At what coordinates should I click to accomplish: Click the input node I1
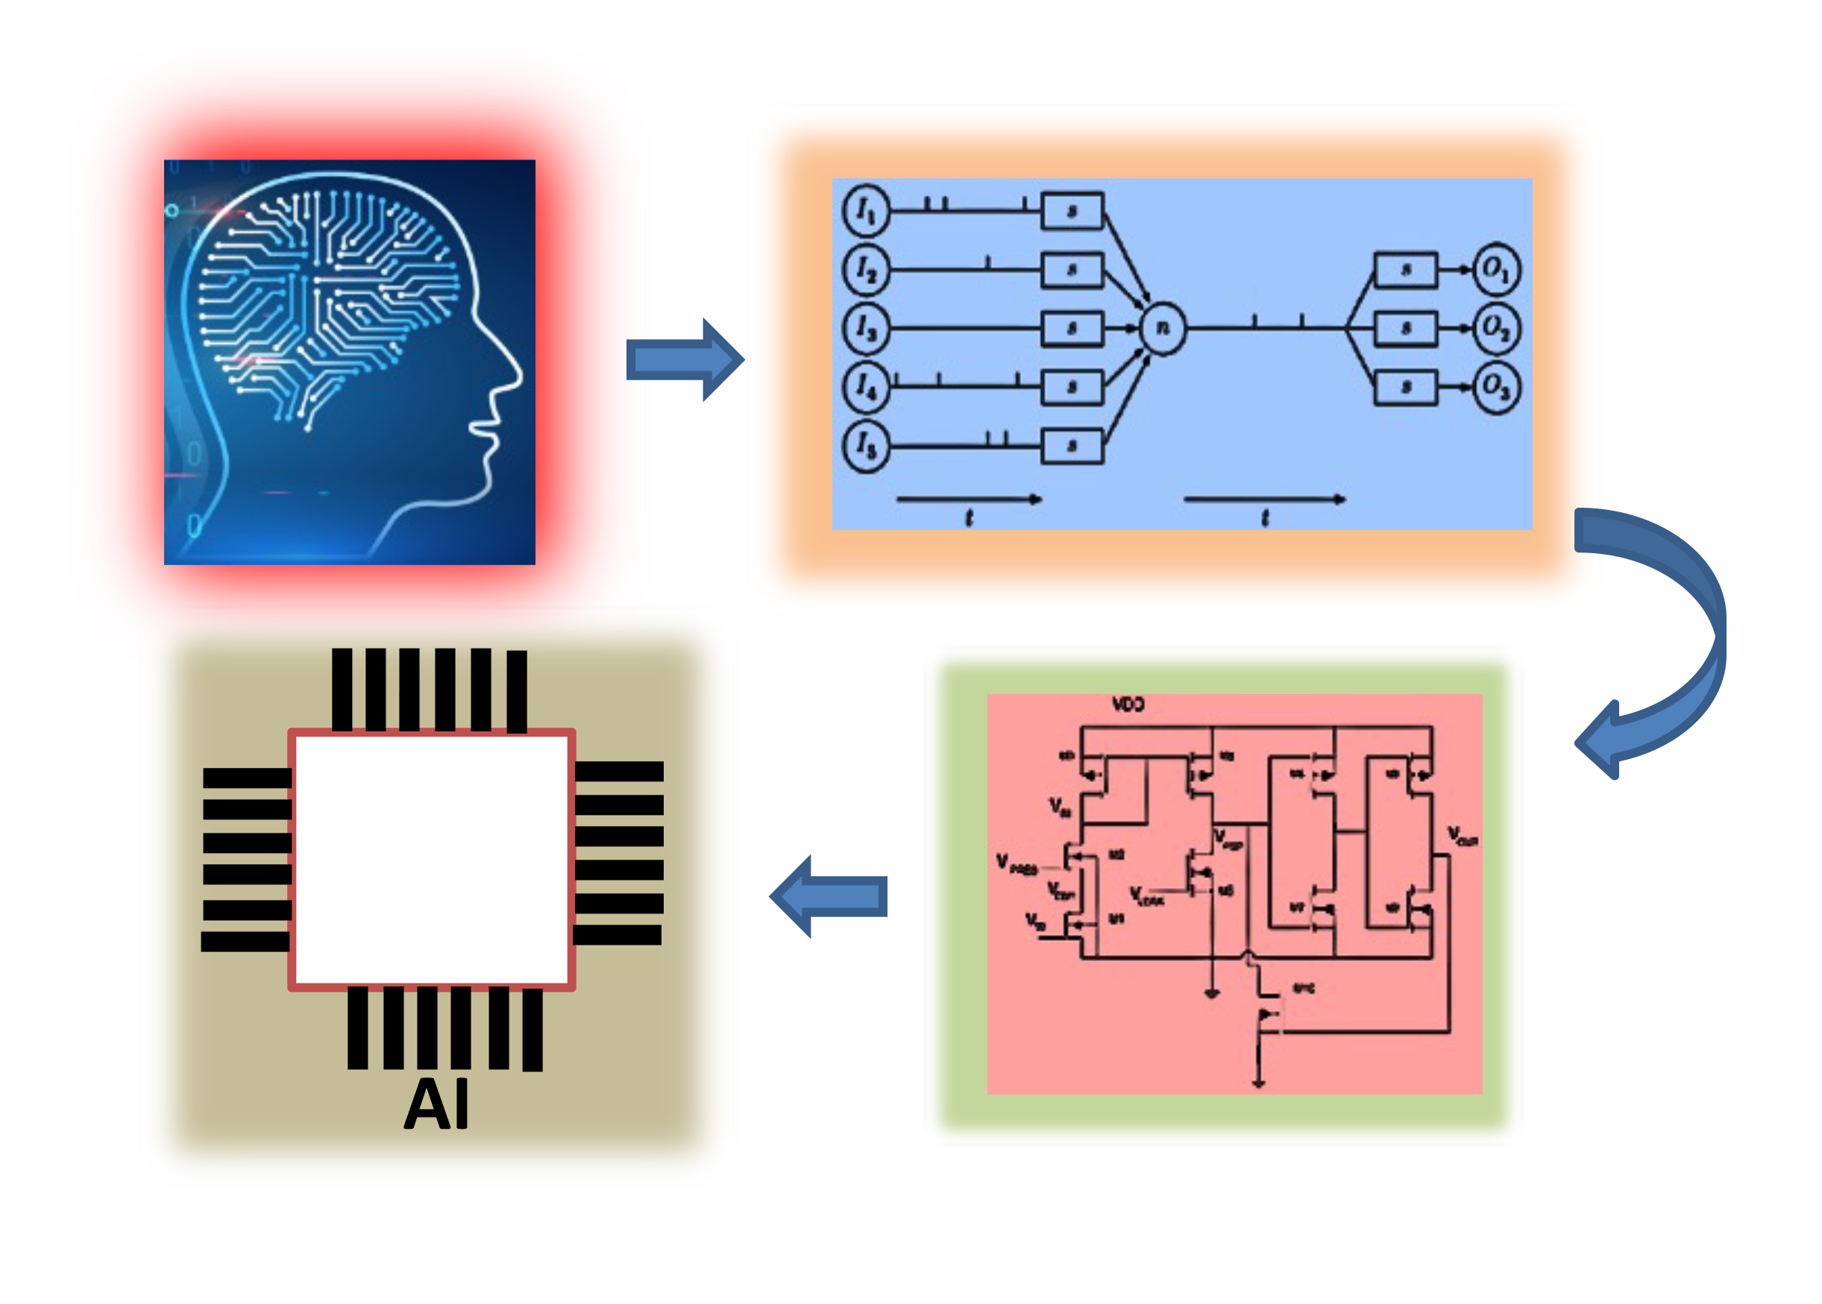pyautogui.click(x=866, y=210)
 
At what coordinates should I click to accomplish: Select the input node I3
pyautogui.click(x=866, y=328)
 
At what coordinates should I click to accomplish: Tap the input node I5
pyautogui.click(x=866, y=446)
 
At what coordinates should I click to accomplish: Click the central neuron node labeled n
pyautogui.click(x=1162, y=327)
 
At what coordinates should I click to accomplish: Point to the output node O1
pyautogui.click(x=1496, y=269)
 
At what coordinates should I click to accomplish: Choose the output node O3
pyautogui.click(x=1496, y=388)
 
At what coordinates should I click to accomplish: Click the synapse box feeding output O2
pyautogui.click(x=1405, y=328)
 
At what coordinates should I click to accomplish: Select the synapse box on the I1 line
pyautogui.click(x=1072, y=211)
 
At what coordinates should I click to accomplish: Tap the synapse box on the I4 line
pyautogui.click(x=1072, y=388)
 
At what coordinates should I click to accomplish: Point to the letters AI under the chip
pyautogui.click(x=436, y=1105)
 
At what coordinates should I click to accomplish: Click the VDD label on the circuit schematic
pyautogui.click(x=1128, y=705)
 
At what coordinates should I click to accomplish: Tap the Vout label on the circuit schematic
pyautogui.click(x=1463, y=837)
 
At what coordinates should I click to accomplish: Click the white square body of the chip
pyautogui.click(x=432, y=860)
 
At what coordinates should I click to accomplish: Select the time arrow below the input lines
pyautogui.click(x=968, y=500)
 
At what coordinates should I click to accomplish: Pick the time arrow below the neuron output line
pyautogui.click(x=1264, y=500)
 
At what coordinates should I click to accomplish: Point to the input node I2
pyautogui.click(x=866, y=270)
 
